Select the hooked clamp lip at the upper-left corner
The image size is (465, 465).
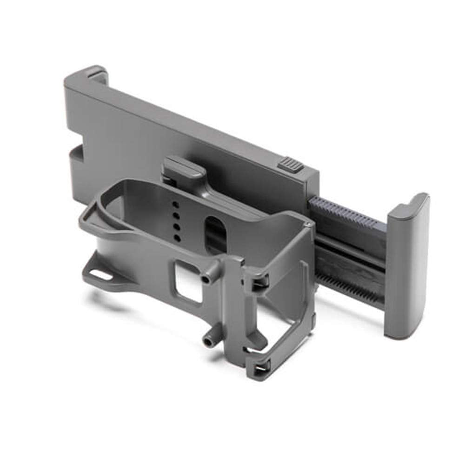[96, 74]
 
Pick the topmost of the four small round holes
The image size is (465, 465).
[176, 204]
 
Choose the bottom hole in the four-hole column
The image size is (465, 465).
[177, 238]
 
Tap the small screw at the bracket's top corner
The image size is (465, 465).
[308, 225]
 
